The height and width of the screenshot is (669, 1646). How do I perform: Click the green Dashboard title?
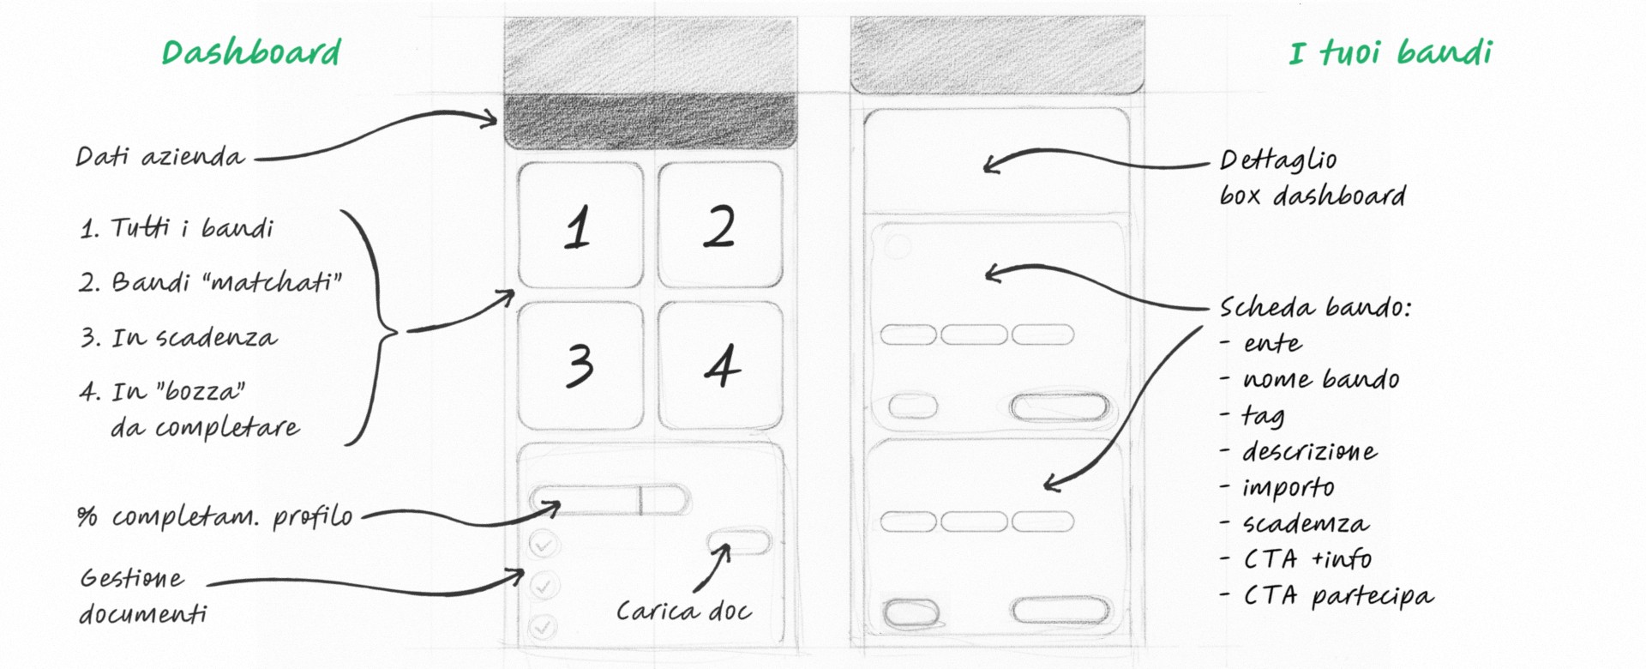[251, 52]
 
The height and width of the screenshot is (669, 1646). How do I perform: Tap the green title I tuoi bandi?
[1391, 52]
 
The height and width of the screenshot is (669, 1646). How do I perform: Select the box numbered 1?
[580, 225]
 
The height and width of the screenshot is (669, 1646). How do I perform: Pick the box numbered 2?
[720, 225]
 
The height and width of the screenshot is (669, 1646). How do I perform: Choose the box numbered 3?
[580, 365]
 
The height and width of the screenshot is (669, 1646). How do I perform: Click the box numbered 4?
[720, 365]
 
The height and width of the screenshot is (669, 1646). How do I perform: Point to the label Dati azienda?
[160, 156]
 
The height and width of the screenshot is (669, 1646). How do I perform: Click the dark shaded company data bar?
[651, 121]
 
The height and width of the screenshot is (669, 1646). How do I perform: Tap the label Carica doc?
[684, 611]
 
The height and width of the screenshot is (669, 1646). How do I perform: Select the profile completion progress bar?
[610, 500]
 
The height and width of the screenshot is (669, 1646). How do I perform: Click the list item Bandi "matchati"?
[211, 281]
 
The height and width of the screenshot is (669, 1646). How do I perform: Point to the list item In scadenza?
[179, 337]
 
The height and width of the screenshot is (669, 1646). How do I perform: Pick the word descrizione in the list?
[1310, 451]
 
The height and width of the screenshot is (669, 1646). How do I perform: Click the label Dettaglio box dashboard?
[1313, 178]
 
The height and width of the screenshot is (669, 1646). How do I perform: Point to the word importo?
[1289, 488]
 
